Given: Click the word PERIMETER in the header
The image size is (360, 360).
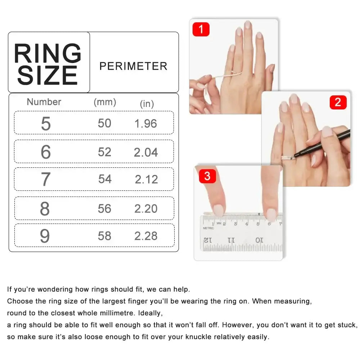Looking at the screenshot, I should coord(133,66).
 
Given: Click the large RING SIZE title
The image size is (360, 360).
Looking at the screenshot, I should coord(48,64).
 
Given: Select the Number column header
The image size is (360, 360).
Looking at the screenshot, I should coord(44,102).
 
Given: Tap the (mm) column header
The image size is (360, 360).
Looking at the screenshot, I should coord(105,102).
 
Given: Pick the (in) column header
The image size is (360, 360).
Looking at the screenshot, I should coord(147,104).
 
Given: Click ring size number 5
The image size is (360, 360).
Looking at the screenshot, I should coord(46,123).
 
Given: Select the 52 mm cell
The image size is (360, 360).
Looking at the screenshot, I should coord(104,152).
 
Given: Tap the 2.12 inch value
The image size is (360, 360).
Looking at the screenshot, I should coord(147,179).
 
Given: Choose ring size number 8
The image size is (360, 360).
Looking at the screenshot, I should coord(45,209).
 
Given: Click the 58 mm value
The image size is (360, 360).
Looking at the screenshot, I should coord(104,236).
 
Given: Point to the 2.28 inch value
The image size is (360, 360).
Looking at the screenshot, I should coord(146,236).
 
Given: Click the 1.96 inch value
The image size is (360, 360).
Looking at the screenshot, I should coord(146,123).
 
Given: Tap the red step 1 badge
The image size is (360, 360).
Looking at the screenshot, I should coord(201,29).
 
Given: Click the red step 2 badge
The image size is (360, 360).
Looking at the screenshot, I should coord(338,102).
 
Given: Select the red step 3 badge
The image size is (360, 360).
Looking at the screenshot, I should coord(207,176).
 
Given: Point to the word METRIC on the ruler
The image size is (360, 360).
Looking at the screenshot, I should coord(208,228).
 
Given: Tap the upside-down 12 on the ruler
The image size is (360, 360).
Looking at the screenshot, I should coord(208,240).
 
